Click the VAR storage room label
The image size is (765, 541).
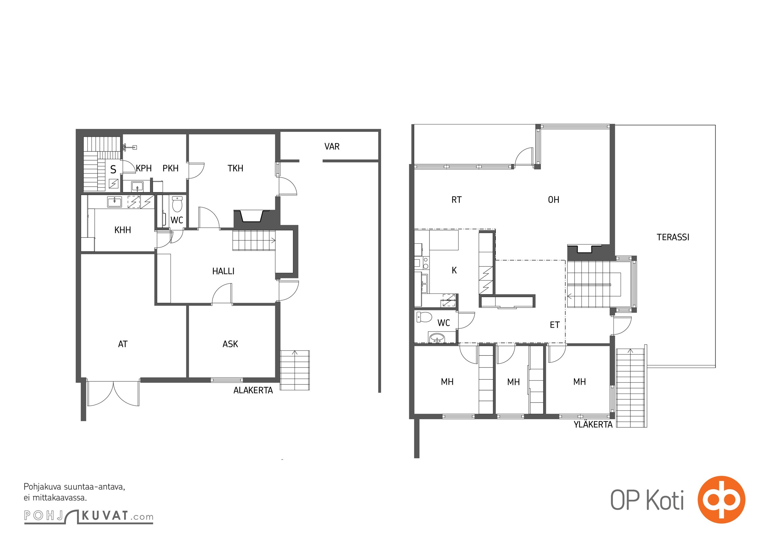click(x=332, y=146)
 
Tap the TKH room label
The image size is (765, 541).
click(x=235, y=168)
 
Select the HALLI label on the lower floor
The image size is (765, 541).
click(x=223, y=271)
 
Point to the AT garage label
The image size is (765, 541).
click(x=123, y=344)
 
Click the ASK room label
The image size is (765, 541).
click(x=230, y=344)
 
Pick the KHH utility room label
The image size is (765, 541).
click(x=123, y=230)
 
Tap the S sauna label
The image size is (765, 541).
click(x=113, y=169)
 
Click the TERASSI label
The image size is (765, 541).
click(x=673, y=237)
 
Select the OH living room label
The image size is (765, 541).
click(x=554, y=199)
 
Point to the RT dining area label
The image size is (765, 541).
click(x=457, y=199)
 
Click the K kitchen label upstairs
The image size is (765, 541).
click(x=454, y=270)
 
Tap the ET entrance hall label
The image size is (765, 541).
click(x=555, y=325)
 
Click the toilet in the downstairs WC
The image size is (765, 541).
click(x=177, y=204)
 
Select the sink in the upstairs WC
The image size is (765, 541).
click(x=438, y=337)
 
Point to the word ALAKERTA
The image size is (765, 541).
click(x=253, y=390)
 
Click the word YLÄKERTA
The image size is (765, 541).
click(x=593, y=424)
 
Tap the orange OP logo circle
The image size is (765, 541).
click(x=721, y=499)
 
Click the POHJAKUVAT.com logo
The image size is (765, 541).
click(x=89, y=516)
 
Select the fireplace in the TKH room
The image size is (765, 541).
click(x=252, y=216)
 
